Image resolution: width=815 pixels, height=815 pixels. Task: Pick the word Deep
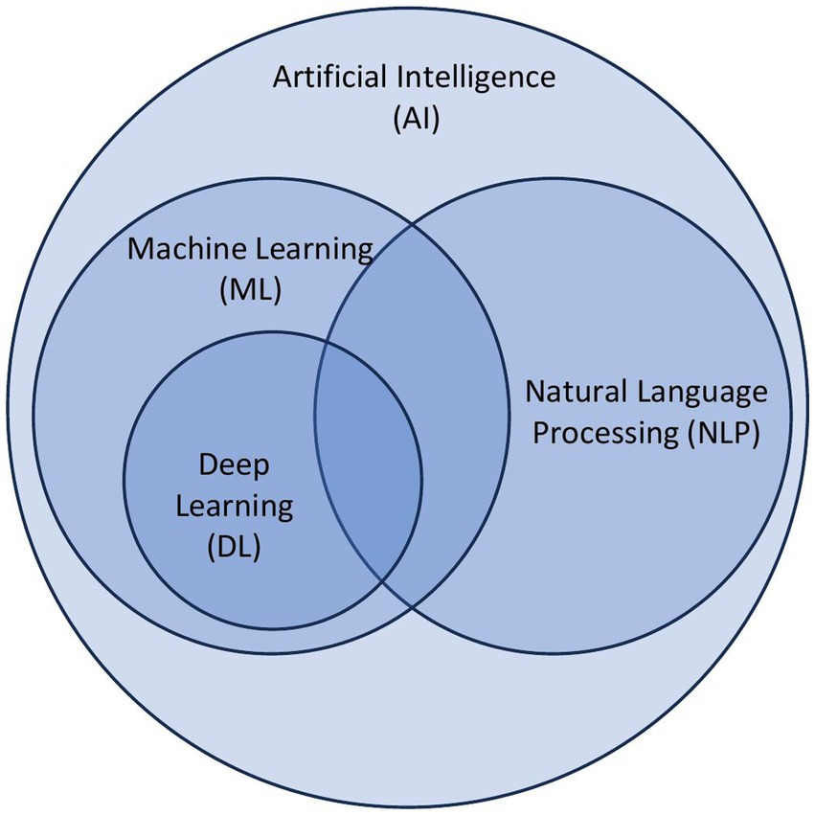[235, 466]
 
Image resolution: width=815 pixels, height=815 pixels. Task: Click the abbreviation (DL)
[235, 549]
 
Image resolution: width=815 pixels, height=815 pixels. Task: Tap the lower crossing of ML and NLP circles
[413, 605]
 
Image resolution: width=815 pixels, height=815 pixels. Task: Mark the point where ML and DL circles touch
[273, 629]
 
